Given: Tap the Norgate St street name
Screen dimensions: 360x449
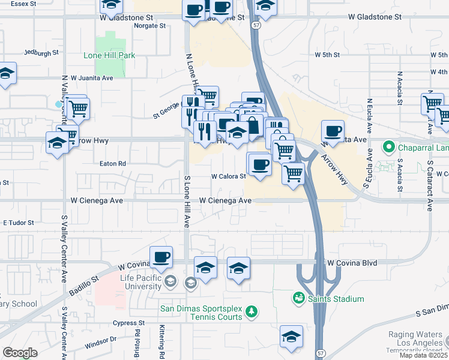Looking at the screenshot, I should [150, 26].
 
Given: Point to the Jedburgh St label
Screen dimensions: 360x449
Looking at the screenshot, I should [41, 52].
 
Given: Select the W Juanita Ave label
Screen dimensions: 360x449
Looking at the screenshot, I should [92, 78].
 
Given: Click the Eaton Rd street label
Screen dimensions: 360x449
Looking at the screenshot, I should [113, 163].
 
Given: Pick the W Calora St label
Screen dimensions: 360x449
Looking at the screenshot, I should [229, 176].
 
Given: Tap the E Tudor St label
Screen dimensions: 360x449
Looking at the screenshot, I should [19, 223].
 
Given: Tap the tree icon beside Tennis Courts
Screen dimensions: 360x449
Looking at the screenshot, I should [253, 310].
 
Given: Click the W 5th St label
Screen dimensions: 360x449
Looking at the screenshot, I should [327, 55].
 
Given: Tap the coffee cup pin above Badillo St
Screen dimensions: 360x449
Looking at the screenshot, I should [161, 257].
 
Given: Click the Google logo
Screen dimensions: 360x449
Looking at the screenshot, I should [20, 353].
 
